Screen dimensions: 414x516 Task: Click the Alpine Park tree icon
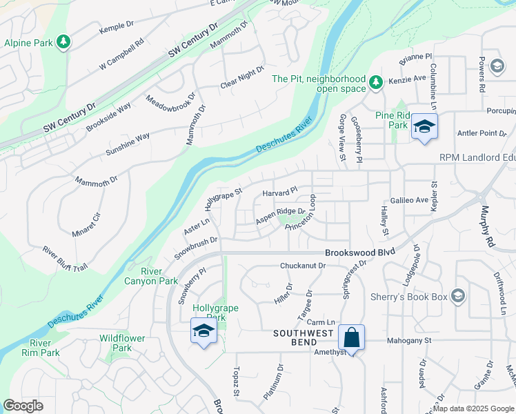click(63, 43)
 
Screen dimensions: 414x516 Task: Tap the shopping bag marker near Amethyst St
click(351, 338)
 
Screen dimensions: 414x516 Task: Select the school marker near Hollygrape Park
click(204, 332)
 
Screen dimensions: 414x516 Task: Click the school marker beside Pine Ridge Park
click(424, 127)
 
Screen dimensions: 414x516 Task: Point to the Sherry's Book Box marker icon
click(456, 297)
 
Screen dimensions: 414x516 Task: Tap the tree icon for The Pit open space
click(375, 83)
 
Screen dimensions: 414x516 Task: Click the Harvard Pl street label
click(279, 191)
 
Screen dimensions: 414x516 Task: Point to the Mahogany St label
click(408, 340)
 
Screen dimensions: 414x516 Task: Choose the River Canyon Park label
click(159, 276)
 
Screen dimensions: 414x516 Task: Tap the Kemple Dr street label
click(116, 26)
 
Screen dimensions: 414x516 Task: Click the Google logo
click(23, 406)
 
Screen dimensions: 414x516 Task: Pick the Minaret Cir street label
click(86, 225)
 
